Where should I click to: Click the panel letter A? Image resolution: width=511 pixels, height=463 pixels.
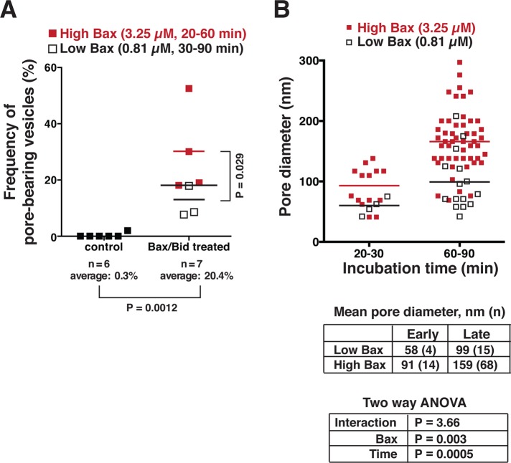coord(11,11)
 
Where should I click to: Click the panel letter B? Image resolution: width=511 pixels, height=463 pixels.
coord(286,11)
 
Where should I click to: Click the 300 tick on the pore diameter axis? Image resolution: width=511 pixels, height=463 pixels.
coord(302,60)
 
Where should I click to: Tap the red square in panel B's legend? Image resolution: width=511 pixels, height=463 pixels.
coord(329,27)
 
